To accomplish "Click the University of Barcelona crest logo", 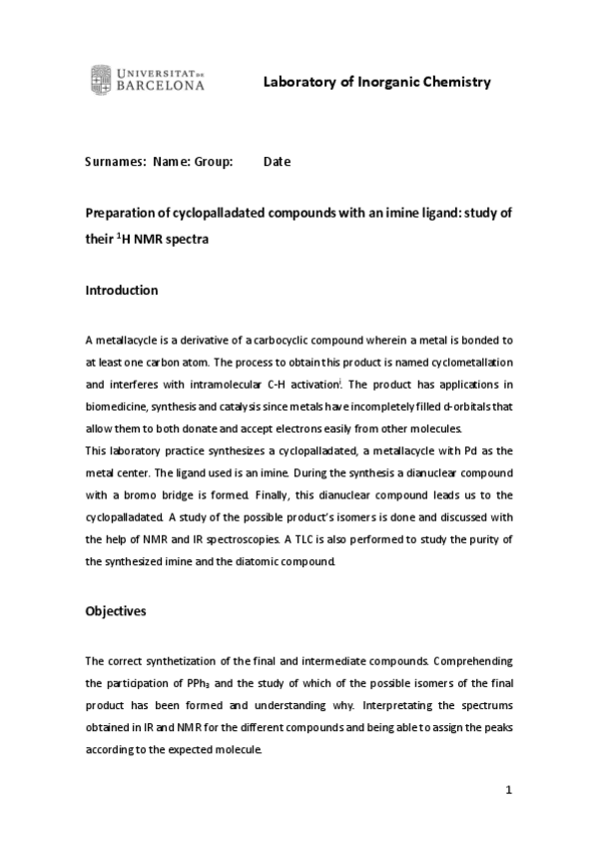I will [101, 79].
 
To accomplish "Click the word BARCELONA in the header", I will [161, 87].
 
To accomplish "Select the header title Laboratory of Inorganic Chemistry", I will [376, 82].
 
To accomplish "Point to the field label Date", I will [277, 161].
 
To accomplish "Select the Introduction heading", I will [121, 291].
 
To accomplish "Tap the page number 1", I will [508, 790].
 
